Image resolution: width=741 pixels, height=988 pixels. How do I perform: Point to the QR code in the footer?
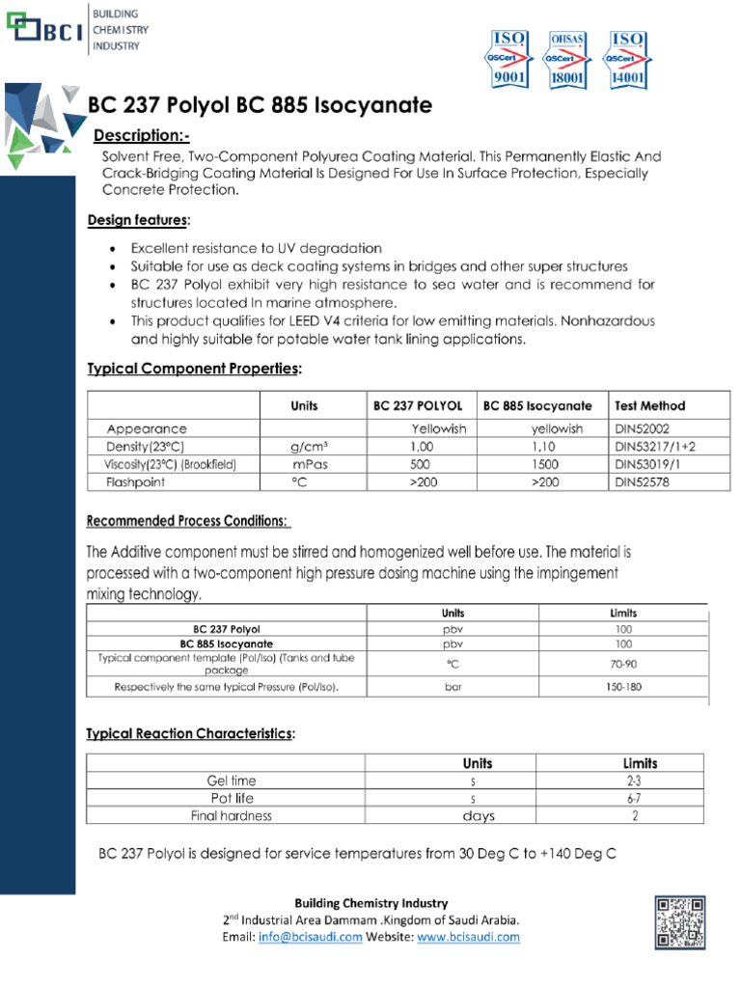pos(680,921)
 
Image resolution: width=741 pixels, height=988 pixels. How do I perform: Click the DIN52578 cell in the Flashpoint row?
pos(642,481)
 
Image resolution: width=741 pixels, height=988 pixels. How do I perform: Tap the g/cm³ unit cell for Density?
pos(309,447)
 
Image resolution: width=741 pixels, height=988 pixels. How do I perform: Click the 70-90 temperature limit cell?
pos(623,664)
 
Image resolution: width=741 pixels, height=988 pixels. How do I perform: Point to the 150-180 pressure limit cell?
pos(623,687)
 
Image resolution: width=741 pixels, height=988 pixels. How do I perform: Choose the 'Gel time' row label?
pos(232,780)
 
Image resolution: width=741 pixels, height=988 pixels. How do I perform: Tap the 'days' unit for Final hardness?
pos(478,815)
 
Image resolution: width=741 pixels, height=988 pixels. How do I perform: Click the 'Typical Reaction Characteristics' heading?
pos(190,734)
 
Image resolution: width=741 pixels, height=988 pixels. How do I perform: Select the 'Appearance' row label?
pos(147,428)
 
